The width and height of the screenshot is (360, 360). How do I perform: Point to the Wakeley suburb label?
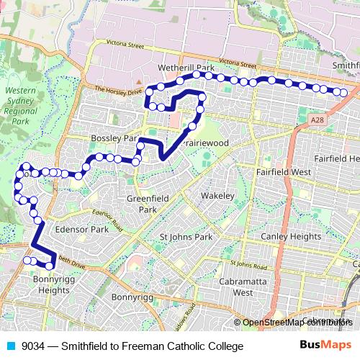(x=217, y=195)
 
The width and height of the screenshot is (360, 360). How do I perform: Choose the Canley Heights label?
(x=291, y=236)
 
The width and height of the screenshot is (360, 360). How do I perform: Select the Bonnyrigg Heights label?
(x=52, y=285)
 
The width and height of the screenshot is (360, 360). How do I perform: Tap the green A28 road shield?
(x=318, y=119)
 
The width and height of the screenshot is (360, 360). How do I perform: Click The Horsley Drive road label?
(x=116, y=91)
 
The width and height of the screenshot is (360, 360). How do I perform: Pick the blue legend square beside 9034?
(x=9, y=346)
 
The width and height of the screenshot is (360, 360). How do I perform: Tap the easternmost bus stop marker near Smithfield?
(x=344, y=92)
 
